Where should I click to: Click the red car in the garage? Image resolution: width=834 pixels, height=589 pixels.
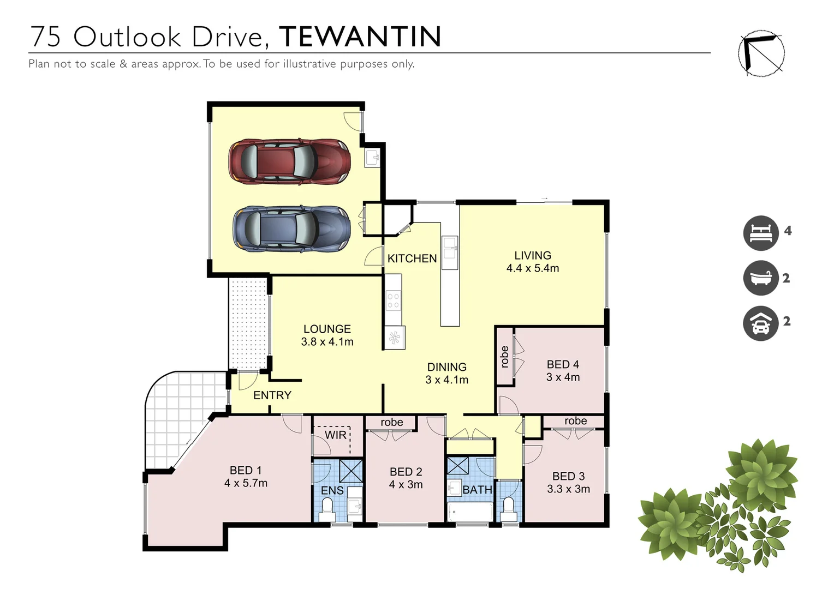[x=289, y=161]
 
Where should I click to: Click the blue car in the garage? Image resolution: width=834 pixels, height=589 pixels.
[x=291, y=229]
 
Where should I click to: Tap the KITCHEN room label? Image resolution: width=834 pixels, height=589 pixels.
[x=412, y=259]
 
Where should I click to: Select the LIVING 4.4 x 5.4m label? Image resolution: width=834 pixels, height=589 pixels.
[x=532, y=262]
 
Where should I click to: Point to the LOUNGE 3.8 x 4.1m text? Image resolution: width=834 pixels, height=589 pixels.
[x=327, y=335]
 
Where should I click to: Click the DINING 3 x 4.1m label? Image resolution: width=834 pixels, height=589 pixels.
[x=446, y=374]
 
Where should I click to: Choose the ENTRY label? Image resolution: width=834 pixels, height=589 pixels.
[x=272, y=395]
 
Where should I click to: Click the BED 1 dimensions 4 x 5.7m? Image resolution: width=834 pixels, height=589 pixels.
[x=246, y=483]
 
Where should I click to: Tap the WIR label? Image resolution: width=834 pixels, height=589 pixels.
[x=335, y=435]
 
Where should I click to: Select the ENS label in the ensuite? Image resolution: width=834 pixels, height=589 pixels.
[x=332, y=490]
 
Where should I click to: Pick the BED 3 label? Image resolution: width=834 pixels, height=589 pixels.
[x=568, y=476]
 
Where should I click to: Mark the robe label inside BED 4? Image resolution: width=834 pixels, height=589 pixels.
[x=505, y=356]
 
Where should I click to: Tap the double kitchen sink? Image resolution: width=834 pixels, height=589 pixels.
[x=450, y=253]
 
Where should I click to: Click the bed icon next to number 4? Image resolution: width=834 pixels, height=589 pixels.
[x=760, y=233]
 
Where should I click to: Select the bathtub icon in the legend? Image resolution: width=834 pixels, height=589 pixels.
[x=760, y=278]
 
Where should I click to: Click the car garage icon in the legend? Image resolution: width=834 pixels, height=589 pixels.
[x=760, y=323]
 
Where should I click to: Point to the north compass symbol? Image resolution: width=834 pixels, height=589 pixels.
[x=761, y=53]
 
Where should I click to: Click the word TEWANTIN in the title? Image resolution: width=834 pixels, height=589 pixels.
[x=360, y=37]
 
